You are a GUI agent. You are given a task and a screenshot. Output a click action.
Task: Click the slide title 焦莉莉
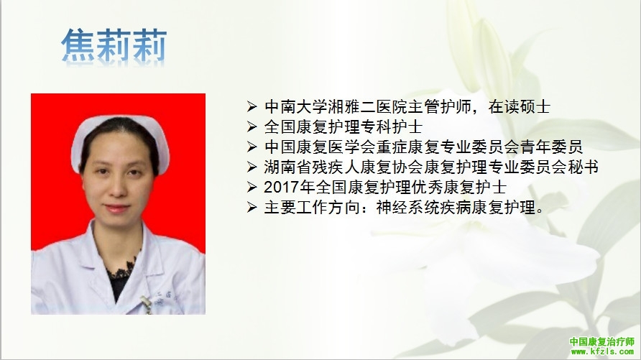[114, 45]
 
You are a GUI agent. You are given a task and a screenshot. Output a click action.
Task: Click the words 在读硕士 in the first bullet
[519, 107]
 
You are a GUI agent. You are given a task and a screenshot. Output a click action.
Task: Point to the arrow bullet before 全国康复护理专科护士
[252, 127]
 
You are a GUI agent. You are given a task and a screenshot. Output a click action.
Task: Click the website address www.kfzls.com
[602, 351]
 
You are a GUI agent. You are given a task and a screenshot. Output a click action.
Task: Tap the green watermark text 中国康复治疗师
[601, 341]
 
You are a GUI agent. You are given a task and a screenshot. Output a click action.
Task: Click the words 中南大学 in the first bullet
[295, 107]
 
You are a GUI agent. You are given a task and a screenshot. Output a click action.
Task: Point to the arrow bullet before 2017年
[252, 188]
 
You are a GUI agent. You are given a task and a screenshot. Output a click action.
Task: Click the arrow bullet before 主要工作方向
[252, 208]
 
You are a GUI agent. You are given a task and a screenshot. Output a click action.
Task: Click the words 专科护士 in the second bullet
[391, 127]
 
